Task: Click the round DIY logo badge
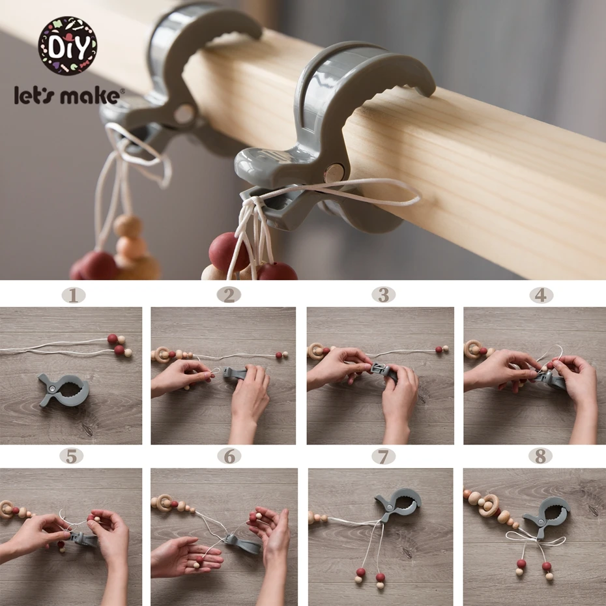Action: [x=67, y=46]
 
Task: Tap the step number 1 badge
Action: [x=74, y=296]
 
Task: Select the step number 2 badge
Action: [x=229, y=295]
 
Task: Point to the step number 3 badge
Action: [x=383, y=295]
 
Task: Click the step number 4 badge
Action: [x=541, y=295]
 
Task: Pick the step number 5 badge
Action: [x=72, y=456]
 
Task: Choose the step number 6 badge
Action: [x=229, y=456]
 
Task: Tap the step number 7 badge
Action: [x=383, y=456]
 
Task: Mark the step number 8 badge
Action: [x=540, y=456]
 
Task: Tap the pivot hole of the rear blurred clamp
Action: [x=185, y=114]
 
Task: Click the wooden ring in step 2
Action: [x=162, y=354]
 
